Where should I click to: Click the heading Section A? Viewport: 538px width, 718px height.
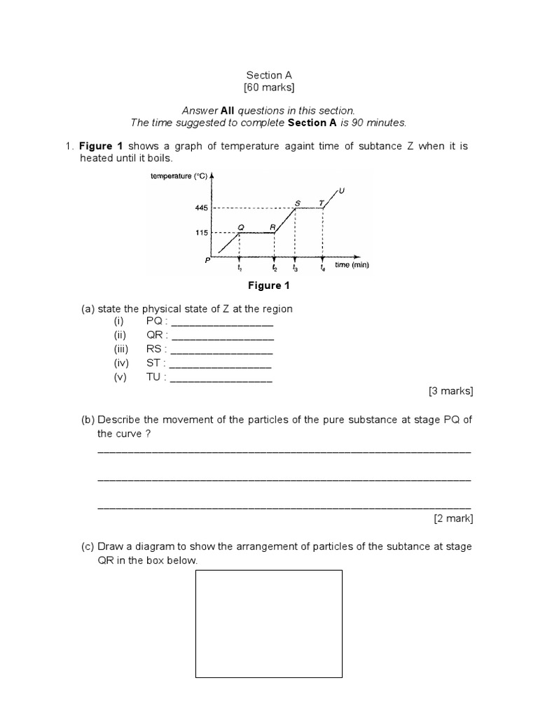click(x=269, y=75)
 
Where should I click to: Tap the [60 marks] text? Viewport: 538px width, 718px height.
click(x=269, y=88)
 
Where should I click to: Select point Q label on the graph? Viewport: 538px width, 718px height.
click(x=240, y=226)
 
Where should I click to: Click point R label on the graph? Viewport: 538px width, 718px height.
click(x=273, y=226)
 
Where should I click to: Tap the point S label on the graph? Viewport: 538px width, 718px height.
click(x=297, y=202)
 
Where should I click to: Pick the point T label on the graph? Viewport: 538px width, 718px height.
click(x=321, y=202)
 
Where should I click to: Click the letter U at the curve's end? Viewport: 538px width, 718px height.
click(x=342, y=189)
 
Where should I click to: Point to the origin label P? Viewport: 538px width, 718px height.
click(x=208, y=261)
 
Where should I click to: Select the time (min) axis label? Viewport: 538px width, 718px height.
click(x=351, y=265)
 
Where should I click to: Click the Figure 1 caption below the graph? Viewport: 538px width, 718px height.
click(x=268, y=285)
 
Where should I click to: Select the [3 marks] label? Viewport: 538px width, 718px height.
click(x=450, y=391)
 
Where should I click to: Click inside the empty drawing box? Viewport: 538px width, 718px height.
click(x=268, y=623)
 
